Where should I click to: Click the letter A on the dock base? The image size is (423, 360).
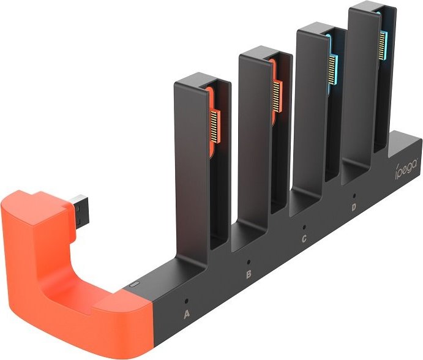click(189, 316)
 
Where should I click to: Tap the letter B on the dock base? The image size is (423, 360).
click(249, 274)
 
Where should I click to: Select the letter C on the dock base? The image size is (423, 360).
click(304, 238)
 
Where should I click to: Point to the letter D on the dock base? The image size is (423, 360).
click(354, 207)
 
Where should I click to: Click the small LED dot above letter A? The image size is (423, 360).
click(187, 301)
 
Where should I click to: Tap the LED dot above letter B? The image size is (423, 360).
click(247, 260)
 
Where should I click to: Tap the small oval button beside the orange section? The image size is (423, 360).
click(135, 284)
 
